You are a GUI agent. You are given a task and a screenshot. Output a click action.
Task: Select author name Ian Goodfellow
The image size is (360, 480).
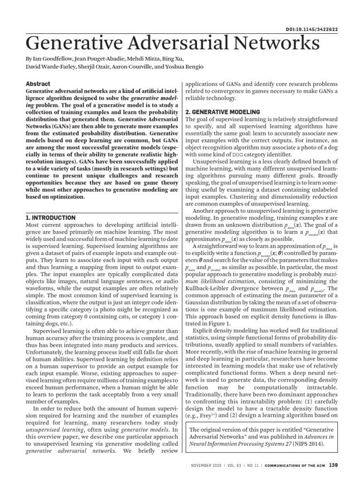click(50, 60)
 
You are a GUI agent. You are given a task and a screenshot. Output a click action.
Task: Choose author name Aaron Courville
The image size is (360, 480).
click(132, 67)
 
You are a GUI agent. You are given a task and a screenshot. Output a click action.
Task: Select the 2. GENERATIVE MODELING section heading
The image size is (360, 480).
click(223, 112)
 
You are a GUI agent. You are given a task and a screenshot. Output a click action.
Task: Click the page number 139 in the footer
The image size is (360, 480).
click(333, 465)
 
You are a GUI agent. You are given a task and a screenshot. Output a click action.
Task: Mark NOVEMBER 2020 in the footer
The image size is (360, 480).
click(209, 465)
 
